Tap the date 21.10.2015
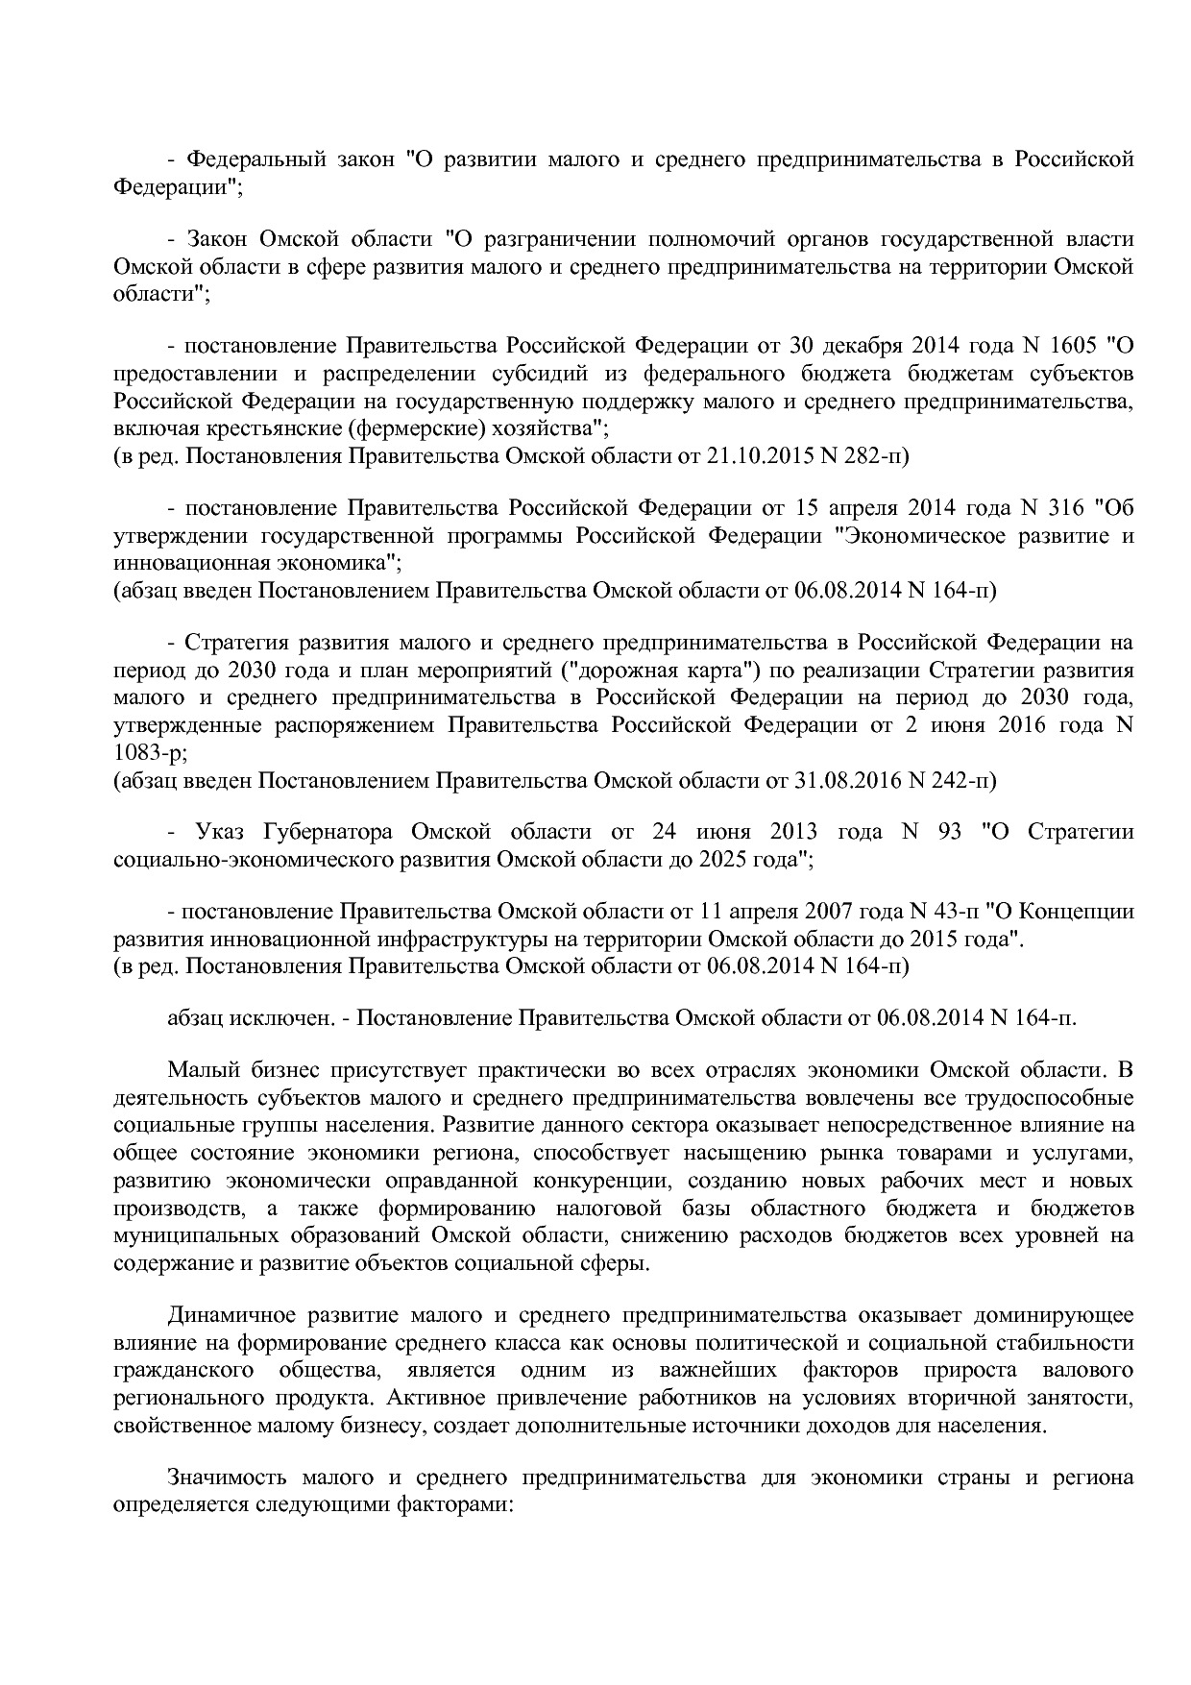pyautogui.click(x=760, y=455)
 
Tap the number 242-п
pyautogui.click(x=963, y=781)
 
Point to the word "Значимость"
pyautogui.click(x=227, y=1477)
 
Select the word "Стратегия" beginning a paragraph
pyautogui.click(x=230, y=642)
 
